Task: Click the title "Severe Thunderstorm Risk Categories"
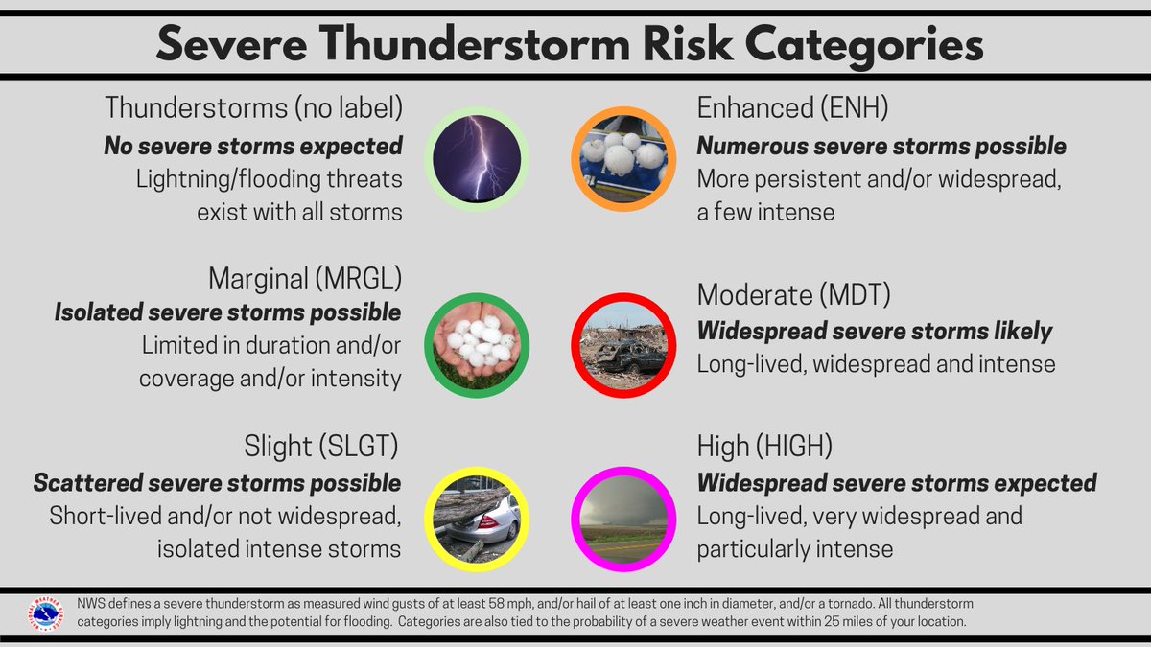(570, 45)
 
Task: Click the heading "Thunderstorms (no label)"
(252, 108)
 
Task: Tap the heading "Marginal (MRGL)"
(304, 279)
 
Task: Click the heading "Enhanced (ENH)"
(792, 108)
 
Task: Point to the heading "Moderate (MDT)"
(793, 295)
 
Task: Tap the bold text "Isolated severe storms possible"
(227, 312)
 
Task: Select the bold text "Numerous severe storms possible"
(881, 146)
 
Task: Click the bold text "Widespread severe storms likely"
(875, 331)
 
